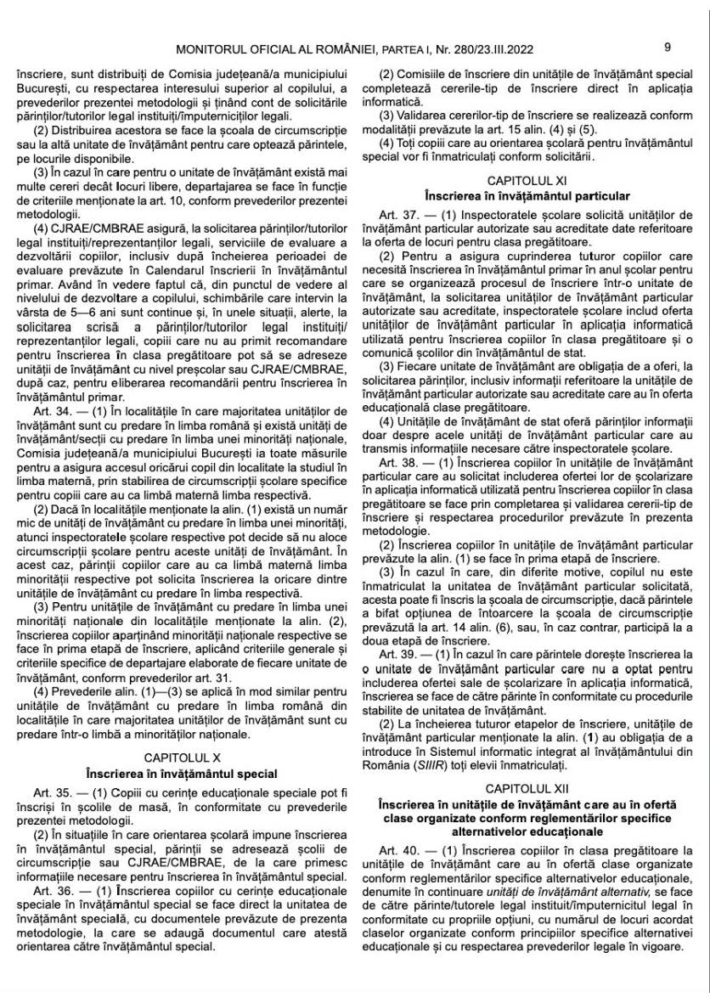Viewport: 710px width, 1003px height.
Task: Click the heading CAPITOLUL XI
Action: (533, 180)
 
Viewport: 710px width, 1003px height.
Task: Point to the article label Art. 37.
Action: (397, 210)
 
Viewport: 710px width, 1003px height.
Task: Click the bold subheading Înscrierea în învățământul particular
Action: (533, 195)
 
